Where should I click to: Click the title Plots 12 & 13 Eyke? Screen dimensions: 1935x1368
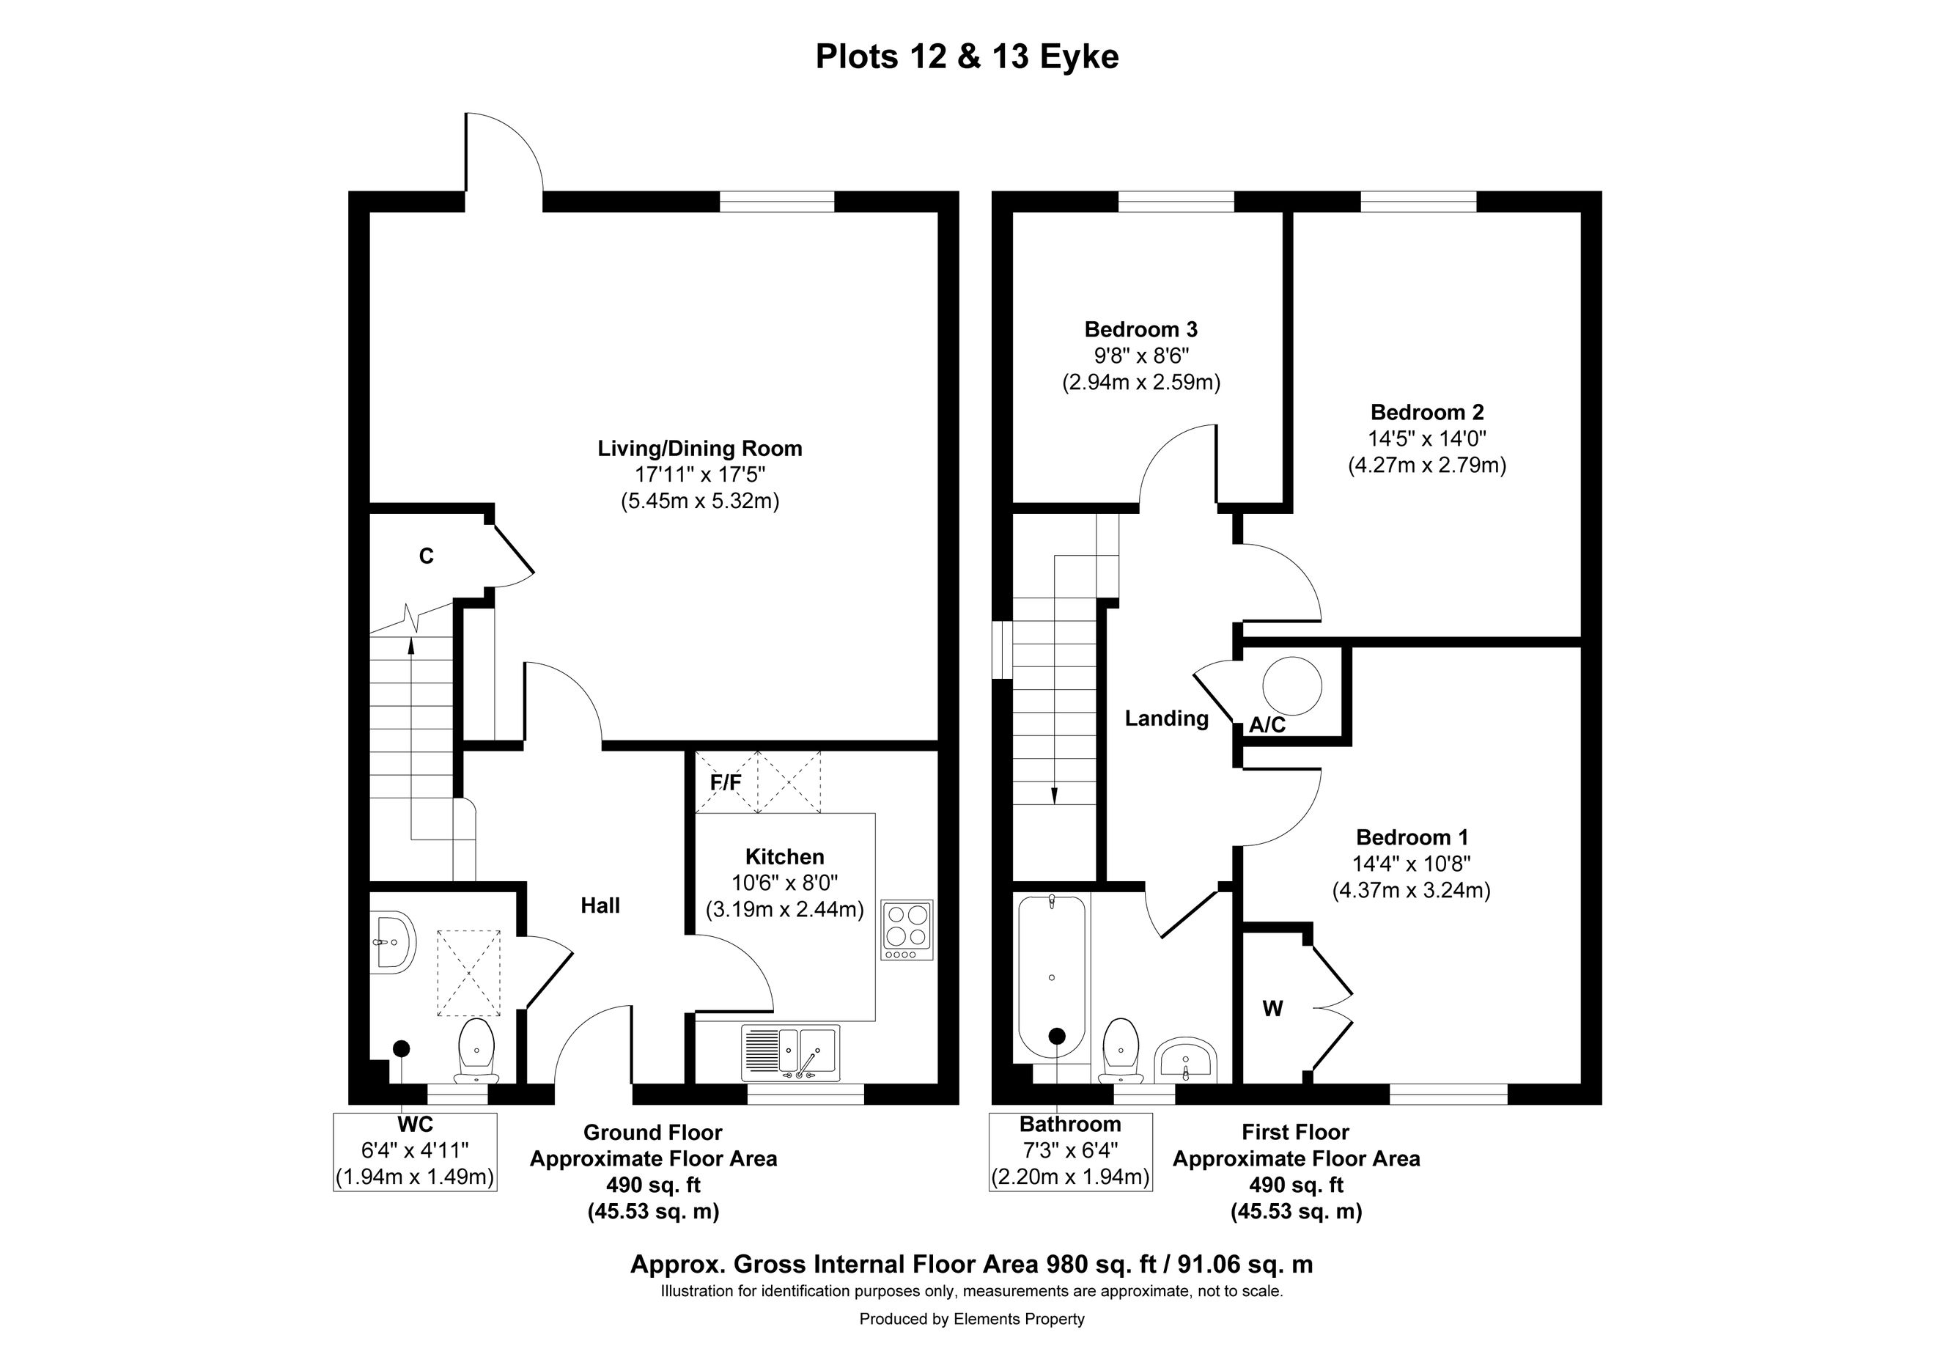(x=967, y=56)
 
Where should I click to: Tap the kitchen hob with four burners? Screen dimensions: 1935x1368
(x=907, y=930)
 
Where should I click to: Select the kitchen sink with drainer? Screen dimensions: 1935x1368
(x=791, y=1053)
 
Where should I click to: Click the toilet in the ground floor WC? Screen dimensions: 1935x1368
(x=477, y=1051)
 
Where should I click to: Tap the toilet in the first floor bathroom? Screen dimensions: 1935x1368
(x=1121, y=1051)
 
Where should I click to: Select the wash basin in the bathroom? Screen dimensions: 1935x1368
(x=1186, y=1060)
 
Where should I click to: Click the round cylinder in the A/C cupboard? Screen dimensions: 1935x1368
(x=1291, y=685)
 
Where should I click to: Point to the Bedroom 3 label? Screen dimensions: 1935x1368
(x=1140, y=330)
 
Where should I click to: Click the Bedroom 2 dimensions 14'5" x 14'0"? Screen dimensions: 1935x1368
(x=1427, y=438)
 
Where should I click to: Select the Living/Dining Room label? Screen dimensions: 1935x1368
(x=699, y=449)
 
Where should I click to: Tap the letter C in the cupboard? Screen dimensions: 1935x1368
(x=427, y=556)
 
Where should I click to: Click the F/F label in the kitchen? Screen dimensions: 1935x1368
(x=726, y=783)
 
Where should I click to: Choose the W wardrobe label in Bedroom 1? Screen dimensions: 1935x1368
(x=1272, y=1008)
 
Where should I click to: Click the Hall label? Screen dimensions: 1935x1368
(x=600, y=905)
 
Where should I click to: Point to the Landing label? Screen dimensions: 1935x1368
(x=1166, y=718)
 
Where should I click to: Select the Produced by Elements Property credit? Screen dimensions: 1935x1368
(x=972, y=1319)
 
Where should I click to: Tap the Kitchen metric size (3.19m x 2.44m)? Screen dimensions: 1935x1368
(x=784, y=911)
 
